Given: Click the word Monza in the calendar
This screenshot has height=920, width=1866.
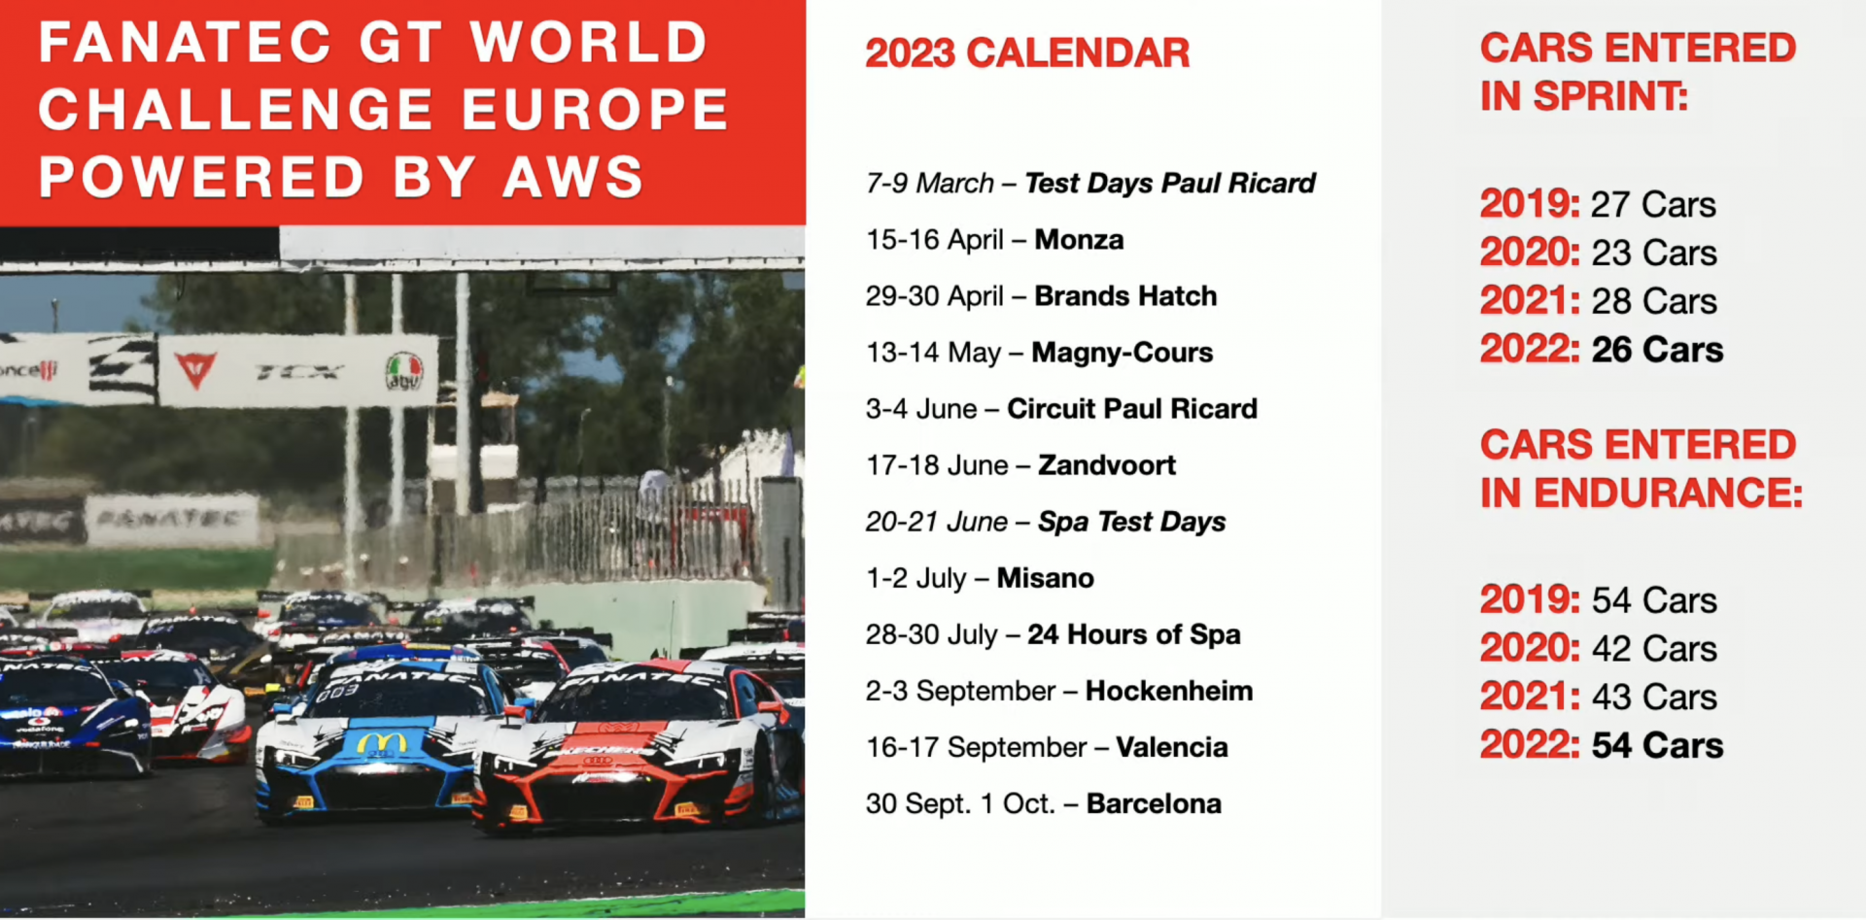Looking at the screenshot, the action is tap(1079, 239).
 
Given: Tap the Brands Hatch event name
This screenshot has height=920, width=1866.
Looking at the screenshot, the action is tap(1125, 295).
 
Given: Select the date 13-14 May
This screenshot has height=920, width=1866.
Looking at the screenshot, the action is tap(933, 353).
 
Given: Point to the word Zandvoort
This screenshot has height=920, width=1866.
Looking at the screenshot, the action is tap(1107, 465).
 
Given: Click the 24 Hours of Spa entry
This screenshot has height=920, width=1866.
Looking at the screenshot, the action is tap(1134, 634).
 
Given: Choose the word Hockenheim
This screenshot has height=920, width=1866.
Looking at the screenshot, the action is tap(1169, 691).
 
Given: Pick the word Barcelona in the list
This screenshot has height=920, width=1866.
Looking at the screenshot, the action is tap(1154, 803).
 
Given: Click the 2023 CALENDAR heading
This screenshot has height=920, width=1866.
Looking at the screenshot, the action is tap(1027, 53).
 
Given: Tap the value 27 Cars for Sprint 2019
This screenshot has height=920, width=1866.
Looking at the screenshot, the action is tap(1653, 205).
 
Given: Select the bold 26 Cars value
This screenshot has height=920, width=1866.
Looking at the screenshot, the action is tap(1657, 350).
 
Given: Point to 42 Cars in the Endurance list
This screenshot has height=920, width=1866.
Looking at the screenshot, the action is tap(1654, 648).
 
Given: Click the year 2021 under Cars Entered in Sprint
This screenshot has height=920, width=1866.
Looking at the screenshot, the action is tap(1530, 301).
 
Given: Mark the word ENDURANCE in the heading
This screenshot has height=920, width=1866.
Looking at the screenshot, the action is tap(1669, 494).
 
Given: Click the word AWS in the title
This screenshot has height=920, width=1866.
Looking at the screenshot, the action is tap(573, 178).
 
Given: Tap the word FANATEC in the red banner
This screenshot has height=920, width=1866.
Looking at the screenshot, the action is tap(185, 43).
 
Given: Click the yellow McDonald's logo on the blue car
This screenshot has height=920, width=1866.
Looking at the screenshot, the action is tap(381, 743).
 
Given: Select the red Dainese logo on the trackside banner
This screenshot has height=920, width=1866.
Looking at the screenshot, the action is tap(195, 369).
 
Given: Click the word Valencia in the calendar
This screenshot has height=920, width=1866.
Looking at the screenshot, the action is tap(1172, 747).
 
